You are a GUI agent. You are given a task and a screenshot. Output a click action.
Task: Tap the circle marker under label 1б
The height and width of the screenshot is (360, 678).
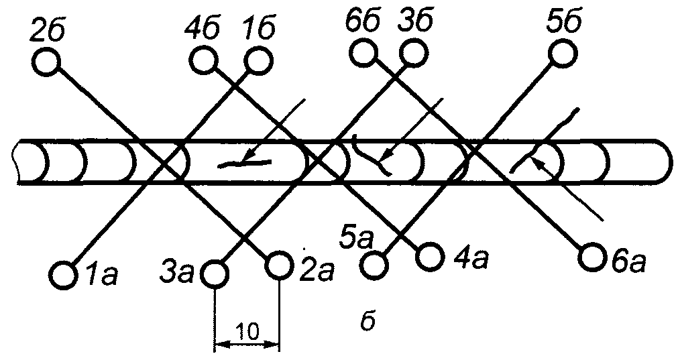tap(259, 60)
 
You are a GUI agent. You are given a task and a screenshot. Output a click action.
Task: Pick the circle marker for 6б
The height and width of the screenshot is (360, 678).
tap(365, 53)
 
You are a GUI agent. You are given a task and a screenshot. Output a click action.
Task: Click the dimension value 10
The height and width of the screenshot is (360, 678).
tap(247, 331)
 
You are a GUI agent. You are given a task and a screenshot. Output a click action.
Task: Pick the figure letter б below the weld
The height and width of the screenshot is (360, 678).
tap(368, 322)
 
